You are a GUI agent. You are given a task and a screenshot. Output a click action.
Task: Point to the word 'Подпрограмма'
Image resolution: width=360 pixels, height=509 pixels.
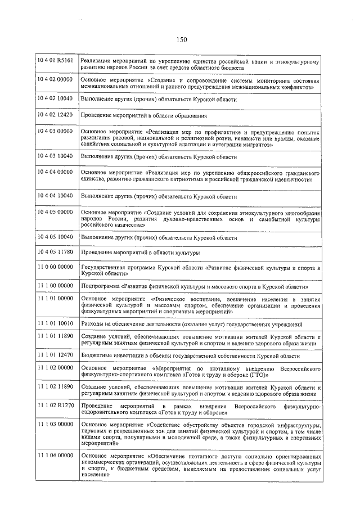[100, 286]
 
